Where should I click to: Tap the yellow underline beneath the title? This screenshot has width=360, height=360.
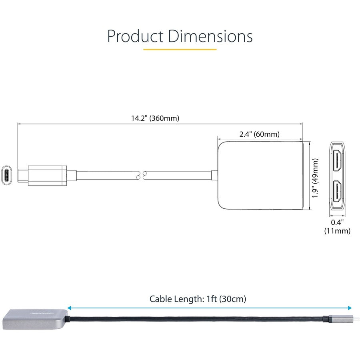180,49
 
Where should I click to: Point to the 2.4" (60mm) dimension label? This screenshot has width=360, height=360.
259,134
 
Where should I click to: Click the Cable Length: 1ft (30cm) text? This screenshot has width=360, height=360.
198,298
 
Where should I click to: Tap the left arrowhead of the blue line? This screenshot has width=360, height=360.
70,308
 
